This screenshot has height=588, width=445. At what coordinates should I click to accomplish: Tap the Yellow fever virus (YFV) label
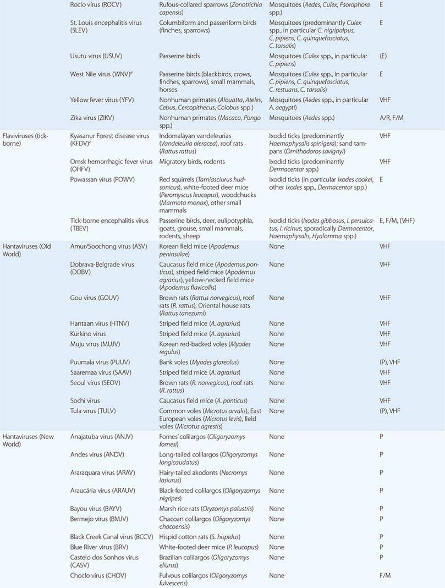click(x=102, y=100)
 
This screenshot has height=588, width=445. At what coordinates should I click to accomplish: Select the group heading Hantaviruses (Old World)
click(x=26, y=250)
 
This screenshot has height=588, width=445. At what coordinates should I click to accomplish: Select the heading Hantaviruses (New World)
click(x=28, y=441)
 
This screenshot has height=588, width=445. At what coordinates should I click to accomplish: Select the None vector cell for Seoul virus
click(x=277, y=383)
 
